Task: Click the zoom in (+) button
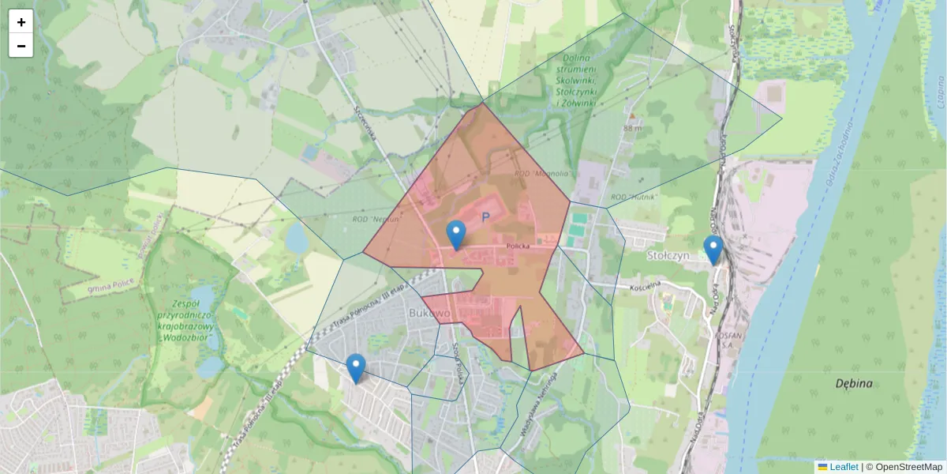[x=21, y=22]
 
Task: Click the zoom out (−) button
[x=21, y=46]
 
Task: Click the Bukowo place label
[x=429, y=314]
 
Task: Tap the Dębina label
[x=854, y=384]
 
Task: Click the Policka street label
[x=518, y=246]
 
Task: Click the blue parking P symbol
[x=485, y=216]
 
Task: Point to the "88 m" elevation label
[x=632, y=128]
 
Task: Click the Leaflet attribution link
[x=843, y=467]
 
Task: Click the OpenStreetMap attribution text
[x=908, y=467]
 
